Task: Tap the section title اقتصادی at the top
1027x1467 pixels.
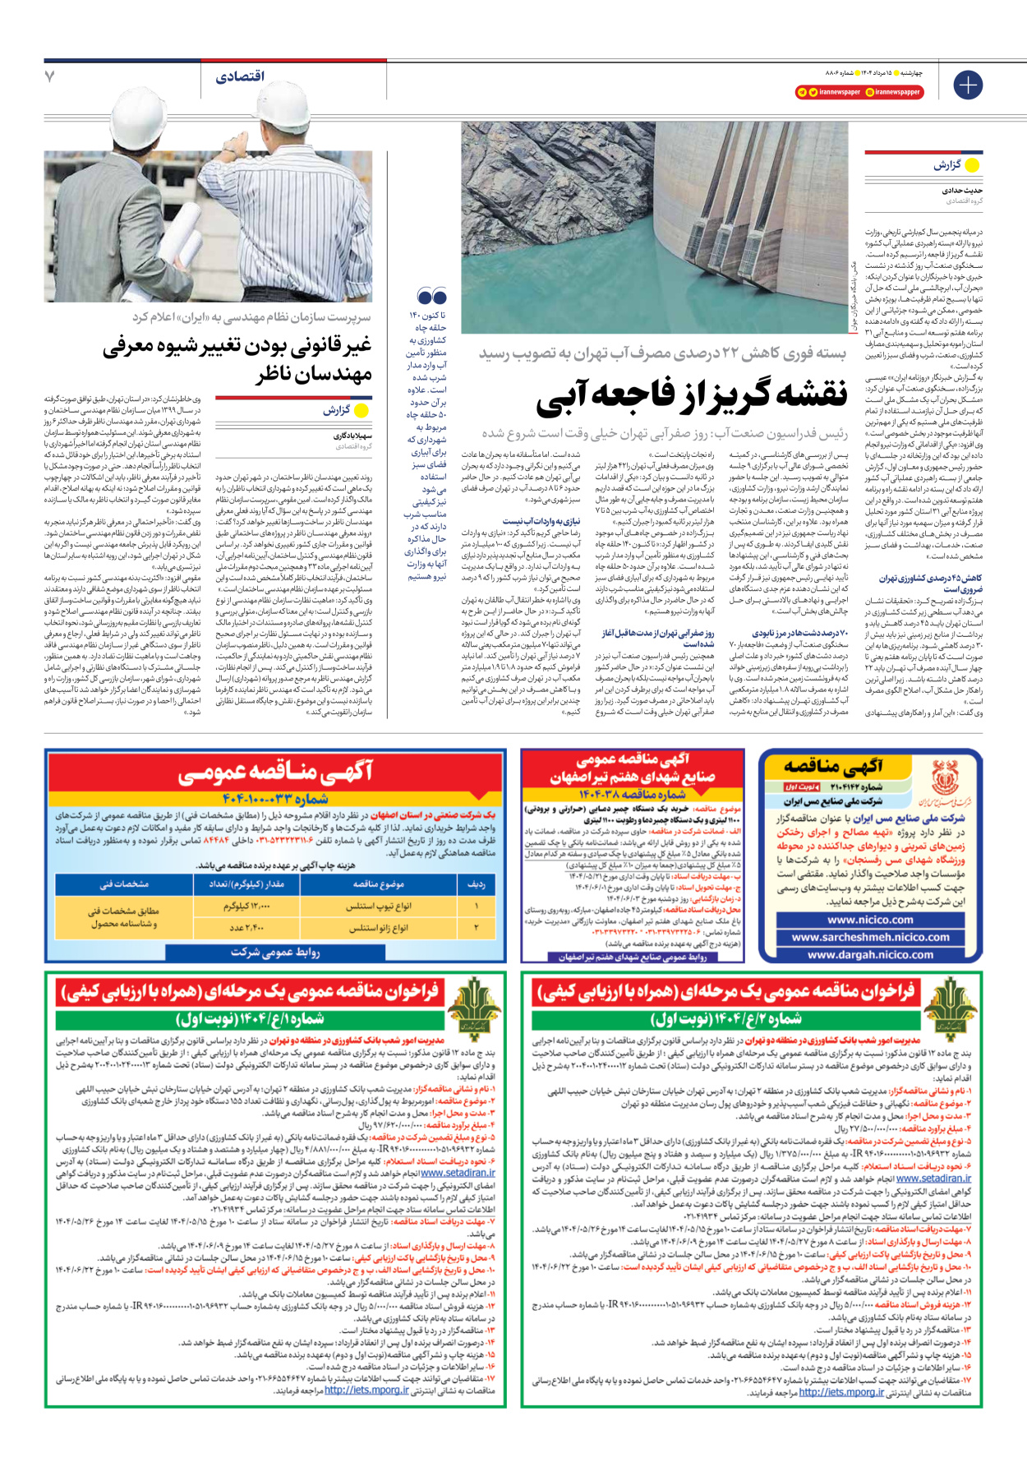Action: coord(240,76)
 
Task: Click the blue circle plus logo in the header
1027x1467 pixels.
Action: coord(968,85)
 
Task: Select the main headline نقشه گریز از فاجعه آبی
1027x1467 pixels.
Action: coord(692,395)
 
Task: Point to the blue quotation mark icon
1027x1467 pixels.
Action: coord(432,296)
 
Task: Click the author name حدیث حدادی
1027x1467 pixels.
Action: coord(962,190)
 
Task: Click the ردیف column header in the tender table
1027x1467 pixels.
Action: coord(477,883)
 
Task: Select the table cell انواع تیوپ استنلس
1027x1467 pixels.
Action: coord(379,906)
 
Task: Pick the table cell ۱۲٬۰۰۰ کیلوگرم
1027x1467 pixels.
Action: coord(247,906)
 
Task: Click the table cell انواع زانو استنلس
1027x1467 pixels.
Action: coord(379,928)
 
